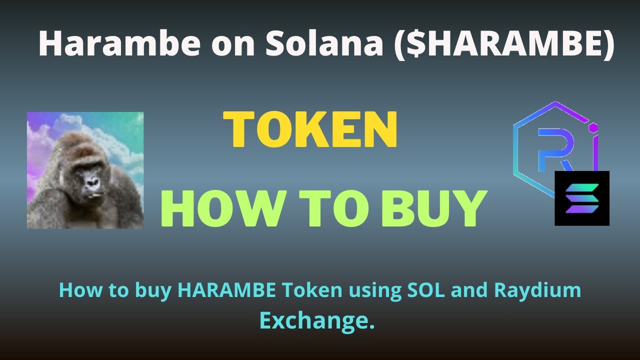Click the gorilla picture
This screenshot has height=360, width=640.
85,170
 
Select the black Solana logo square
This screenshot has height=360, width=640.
582,198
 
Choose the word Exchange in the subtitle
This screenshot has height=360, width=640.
317,321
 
